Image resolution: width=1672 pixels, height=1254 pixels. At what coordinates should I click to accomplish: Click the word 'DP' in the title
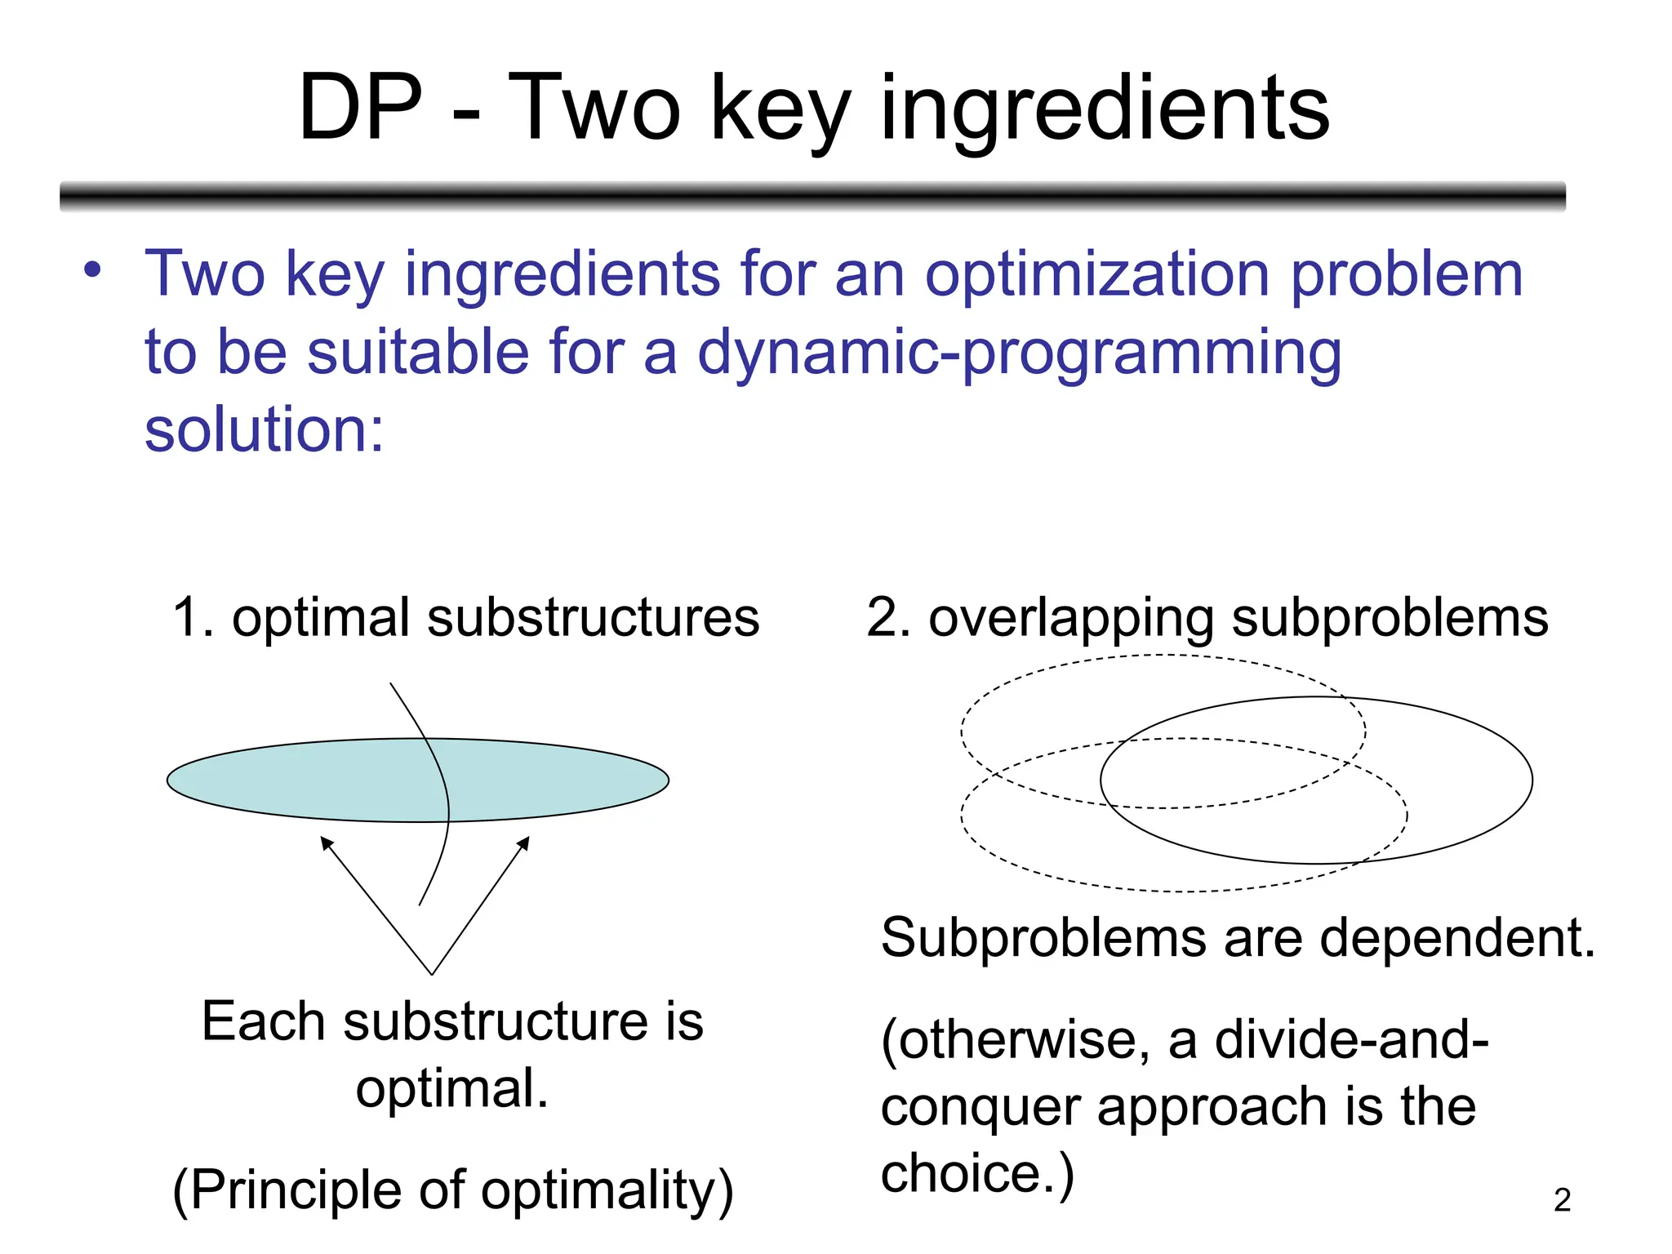tap(360, 109)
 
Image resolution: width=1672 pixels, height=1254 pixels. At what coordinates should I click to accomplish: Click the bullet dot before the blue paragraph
tap(92, 270)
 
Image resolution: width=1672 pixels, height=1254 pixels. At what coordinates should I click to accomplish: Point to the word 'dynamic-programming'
tap(1019, 354)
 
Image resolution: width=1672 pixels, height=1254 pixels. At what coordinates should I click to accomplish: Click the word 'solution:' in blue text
tap(264, 430)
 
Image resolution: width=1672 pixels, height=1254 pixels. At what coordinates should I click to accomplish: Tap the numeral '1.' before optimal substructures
tap(193, 618)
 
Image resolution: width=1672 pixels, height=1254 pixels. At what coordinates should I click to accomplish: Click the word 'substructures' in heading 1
tap(594, 618)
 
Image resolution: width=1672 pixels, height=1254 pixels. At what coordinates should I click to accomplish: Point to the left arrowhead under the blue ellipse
tap(326, 843)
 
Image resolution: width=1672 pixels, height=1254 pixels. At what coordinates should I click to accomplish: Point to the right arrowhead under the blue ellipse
tap(524, 843)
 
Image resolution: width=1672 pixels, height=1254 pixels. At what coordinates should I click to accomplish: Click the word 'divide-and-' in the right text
tap(1351, 1040)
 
